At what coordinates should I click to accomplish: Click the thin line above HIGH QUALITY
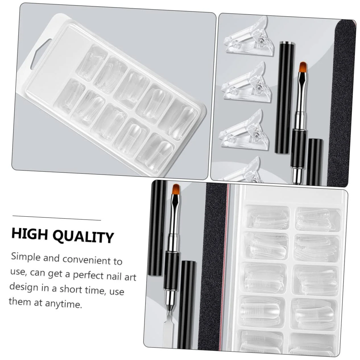click(x=57, y=218)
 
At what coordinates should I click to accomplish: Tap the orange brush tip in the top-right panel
click(x=304, y=67)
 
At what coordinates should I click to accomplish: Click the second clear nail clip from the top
click(x=247, y=83)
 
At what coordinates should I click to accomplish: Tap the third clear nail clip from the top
click(x=244, y=131)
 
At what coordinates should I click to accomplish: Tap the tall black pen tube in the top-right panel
click(x=285, y=95)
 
